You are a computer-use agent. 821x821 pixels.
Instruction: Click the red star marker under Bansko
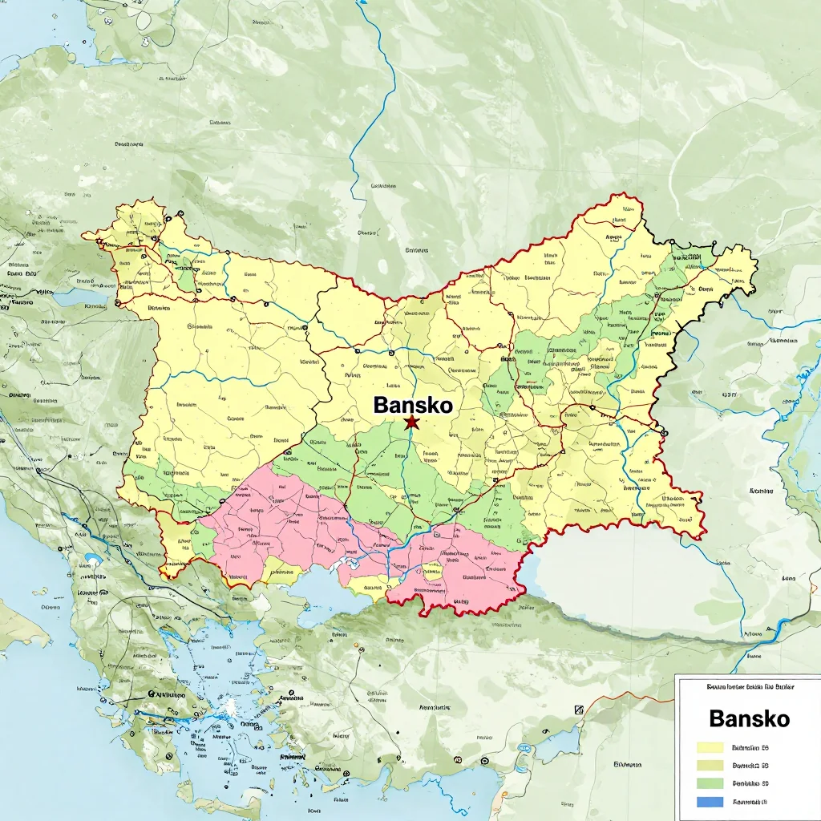[x=411, y=422]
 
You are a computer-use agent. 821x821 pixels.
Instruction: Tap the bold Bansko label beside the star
[x=413, y=405]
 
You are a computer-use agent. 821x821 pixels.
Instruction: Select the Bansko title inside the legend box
[x=749, y=718]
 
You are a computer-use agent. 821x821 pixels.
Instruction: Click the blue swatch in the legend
[x=710, y=802]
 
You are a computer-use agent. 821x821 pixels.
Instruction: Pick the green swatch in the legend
[x=710, y=783]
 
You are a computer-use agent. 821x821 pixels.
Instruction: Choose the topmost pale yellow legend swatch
[x=710, y=747]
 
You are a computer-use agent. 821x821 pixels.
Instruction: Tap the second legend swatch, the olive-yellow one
[x=710, y=766]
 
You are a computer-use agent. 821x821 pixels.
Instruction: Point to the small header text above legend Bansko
[x=748, y=687]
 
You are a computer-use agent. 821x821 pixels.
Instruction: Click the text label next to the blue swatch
[x=750, y=802]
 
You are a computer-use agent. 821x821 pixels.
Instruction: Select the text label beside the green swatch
[x=750, y=783]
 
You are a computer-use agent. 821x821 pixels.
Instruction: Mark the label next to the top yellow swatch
[x=750, y=747]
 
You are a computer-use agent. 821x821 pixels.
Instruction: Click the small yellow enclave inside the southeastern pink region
[x=433, y=572]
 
